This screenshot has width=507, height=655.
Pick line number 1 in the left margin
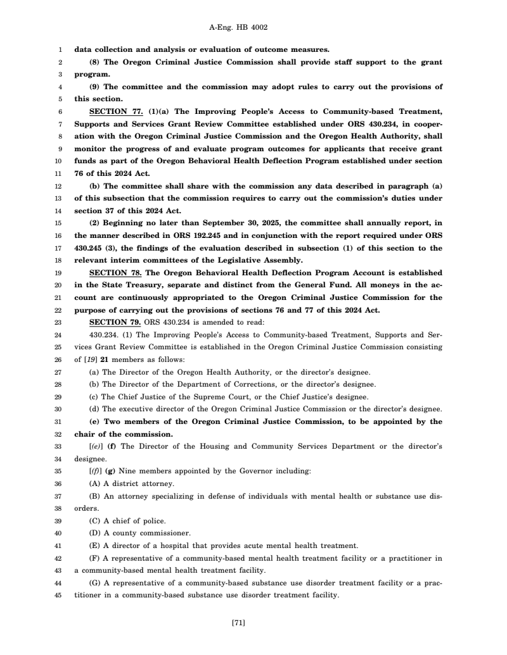click(60, 49)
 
